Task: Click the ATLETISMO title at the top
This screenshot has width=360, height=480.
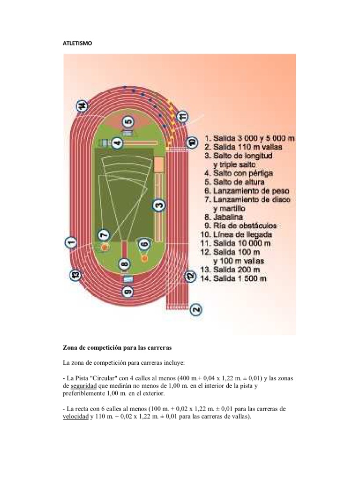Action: (x=78, y=43)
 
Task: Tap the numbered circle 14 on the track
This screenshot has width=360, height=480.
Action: (x=82, y=107)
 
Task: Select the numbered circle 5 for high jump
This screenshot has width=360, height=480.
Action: (x=128, y=123)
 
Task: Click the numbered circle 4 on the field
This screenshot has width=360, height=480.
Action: (x=117, y=142)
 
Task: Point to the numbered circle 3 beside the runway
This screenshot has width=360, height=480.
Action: (x=159, y=205)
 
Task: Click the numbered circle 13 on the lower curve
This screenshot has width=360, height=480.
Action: (x=74, y=275)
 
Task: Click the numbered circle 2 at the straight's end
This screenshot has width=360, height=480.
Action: (x=196, y=309)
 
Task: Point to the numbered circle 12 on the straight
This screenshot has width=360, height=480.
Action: (x=189, y=277)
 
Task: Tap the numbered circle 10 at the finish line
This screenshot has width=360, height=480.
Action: (x=191, y=142)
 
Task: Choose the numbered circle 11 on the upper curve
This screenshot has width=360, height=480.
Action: (x=183, y=115)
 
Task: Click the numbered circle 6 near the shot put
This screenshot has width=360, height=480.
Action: (x=144, y=244)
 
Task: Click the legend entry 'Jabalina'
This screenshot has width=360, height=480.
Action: (x=228, y=217)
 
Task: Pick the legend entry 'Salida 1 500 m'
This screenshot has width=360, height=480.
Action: (x=240, y=279)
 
